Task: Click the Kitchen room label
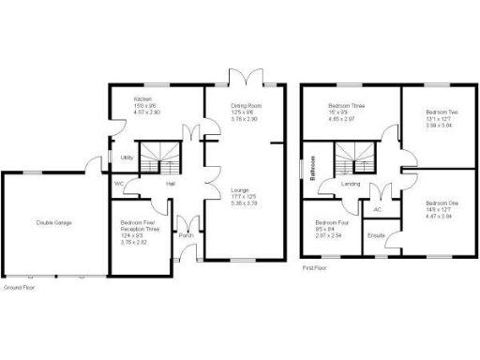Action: pyautogui.click(x=142, y=98)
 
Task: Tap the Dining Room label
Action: pyautogui.click(x=246, y=106)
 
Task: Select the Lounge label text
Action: pyautogui.click(x=241, y=190)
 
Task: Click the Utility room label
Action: pyautogui.click(x=126, y=157)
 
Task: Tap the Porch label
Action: pyautogui.click(x=186, y=235)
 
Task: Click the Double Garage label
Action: pyautogui.click(x=54, y=223)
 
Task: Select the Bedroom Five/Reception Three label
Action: pyautogui.click(x=139, y=224)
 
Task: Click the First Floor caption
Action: pyautogui.click(x=314, y=268)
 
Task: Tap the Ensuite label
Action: pyautogui.click(x=377, y=234)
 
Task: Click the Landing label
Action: pyautogui.click(x=352, y=184)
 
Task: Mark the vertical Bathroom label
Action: pyautogui.click(x=313, y=167)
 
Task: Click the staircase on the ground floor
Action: pyautogui.click(x=157, y=157)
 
